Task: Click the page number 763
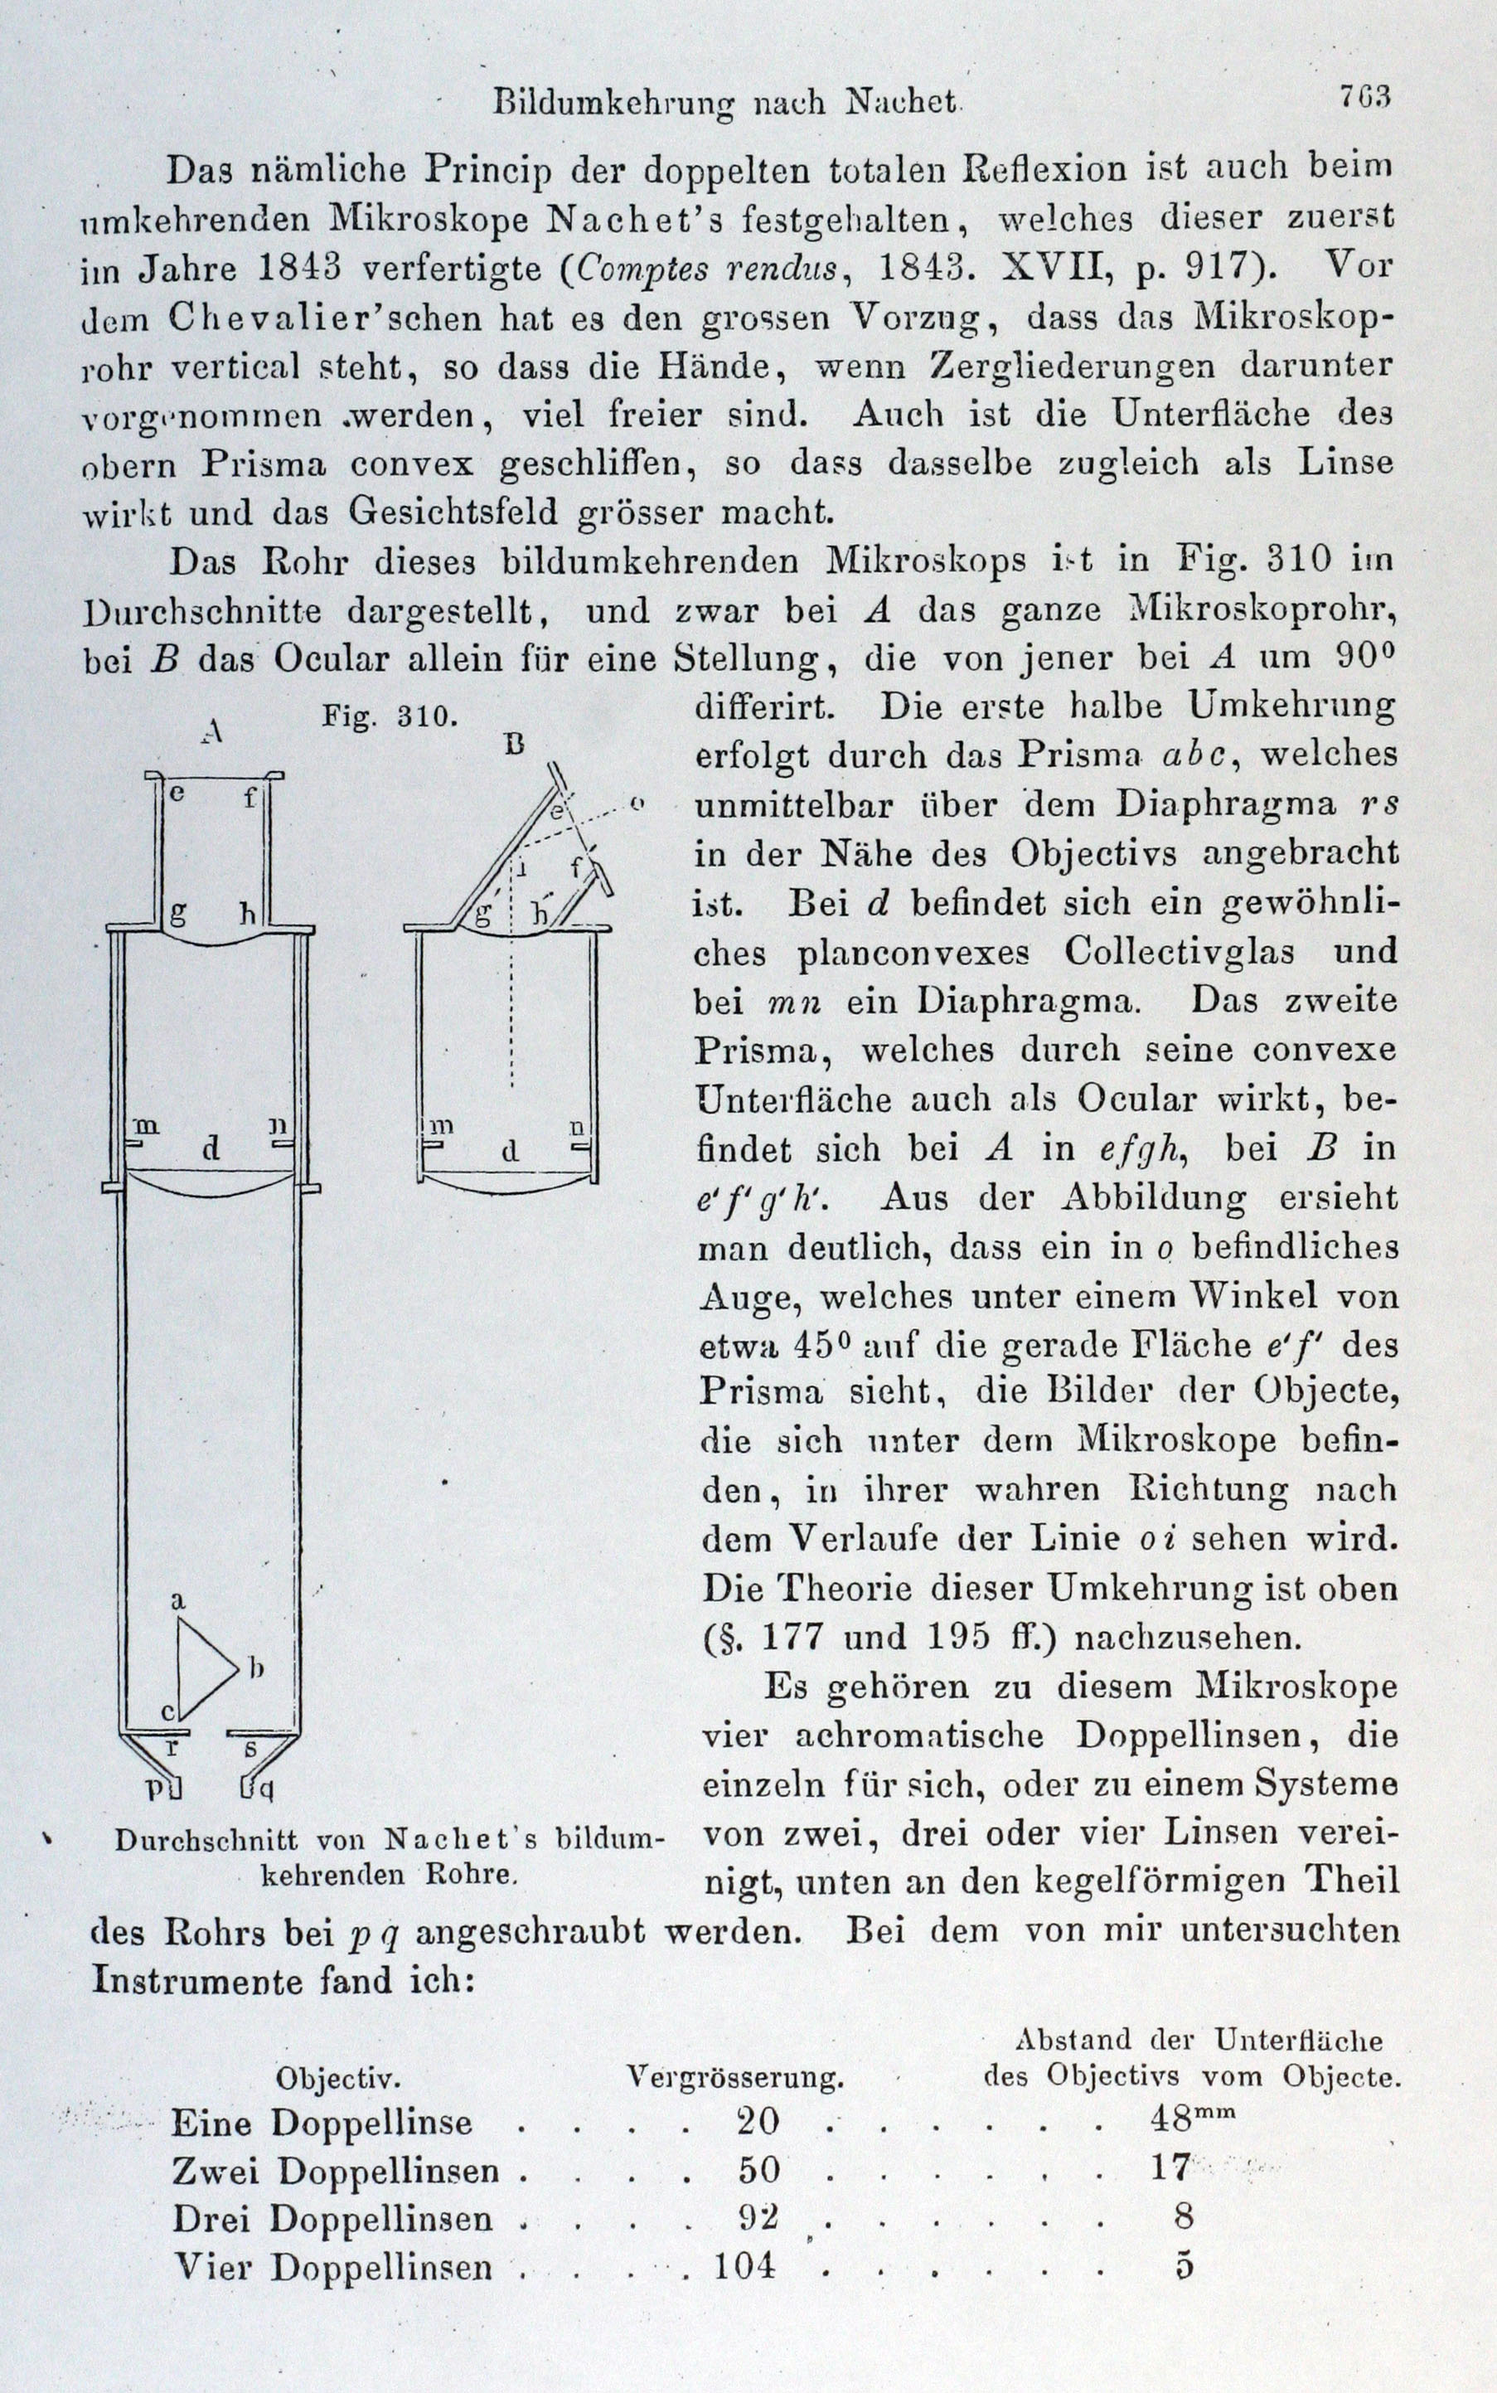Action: click(1365, 97)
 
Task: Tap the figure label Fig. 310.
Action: click(389, 716)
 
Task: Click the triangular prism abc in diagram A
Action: click(203, 1669)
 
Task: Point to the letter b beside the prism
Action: click(256, 1670)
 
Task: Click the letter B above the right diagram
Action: click(514, 744)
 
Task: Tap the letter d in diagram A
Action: click(210, 1149)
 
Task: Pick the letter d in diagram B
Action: click(510, 1151)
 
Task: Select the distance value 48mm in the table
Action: click(1192, 2119)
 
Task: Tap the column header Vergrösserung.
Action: click(734, 2076)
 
